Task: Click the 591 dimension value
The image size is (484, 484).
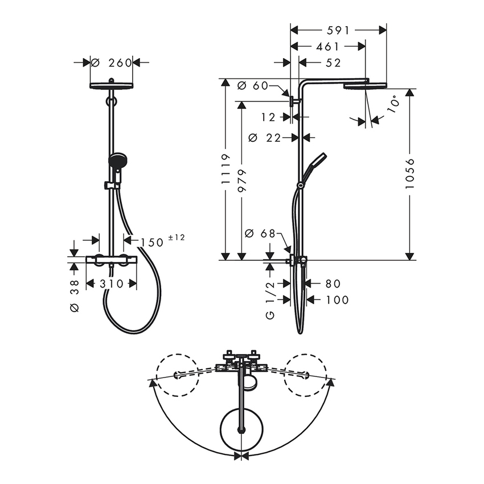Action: point(338,30)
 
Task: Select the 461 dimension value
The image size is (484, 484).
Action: point(327,46)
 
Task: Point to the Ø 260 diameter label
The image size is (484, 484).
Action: point(112,63)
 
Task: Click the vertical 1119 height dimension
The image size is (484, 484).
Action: point(226,169)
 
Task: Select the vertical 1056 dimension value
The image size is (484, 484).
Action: point(411,175)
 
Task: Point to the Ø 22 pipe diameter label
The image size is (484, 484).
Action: point(266,137)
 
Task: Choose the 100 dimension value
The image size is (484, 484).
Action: point(338,300)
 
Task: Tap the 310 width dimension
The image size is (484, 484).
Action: point(111,284)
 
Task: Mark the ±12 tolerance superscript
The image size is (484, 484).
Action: point(177,237)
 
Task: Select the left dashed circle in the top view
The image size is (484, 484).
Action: point(178,375)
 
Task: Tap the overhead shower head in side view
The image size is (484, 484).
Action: point(365,85)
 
